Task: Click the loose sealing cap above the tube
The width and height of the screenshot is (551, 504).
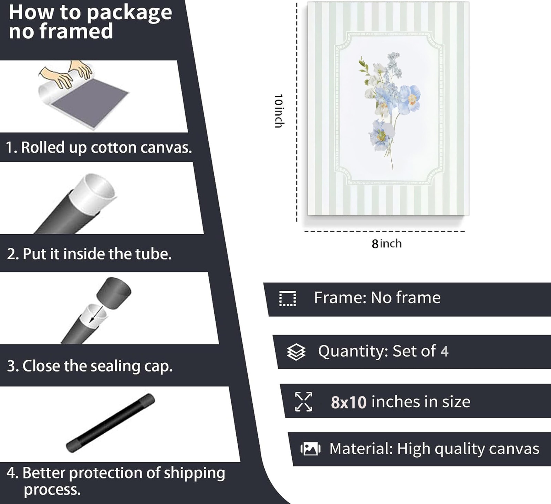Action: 114,293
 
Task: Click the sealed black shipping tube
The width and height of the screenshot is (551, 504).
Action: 110,423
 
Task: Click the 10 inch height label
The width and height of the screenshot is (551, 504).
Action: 278,111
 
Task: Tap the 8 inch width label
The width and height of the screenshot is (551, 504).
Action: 386,244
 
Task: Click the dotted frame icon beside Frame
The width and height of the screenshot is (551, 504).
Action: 288,299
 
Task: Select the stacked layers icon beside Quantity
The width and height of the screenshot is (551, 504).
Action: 296,352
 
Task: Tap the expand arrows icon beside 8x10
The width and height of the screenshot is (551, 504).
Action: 304,402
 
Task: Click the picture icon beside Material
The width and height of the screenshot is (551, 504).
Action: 310,449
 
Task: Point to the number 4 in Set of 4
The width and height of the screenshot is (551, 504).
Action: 445,351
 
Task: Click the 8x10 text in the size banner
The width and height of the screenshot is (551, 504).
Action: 349,402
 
